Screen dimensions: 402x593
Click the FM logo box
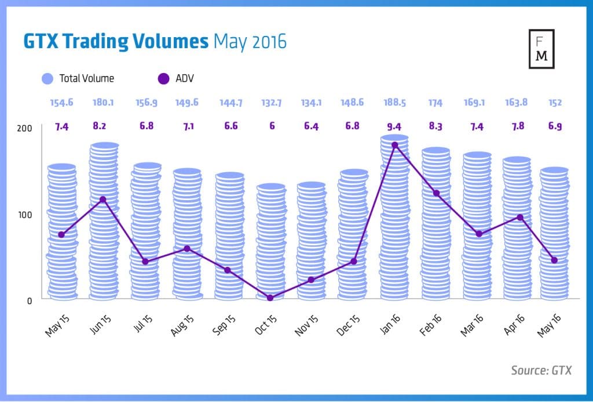click(x=542, y=48)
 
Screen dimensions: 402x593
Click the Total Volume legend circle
click(x=48, y=78)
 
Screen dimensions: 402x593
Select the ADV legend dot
click(x=164, y=78)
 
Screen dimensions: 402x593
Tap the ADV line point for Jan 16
click(x=395, y=145)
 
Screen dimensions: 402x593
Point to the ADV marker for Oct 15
click(x=270, y=298)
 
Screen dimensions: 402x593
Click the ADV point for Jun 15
click(x=103, y=200)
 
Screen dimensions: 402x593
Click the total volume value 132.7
click(x=270, y=103)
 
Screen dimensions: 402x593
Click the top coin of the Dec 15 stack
click(x=353, y=173)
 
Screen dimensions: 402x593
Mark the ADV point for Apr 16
click(x=520, y=218)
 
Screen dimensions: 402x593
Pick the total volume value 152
click(x=555, y=103)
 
